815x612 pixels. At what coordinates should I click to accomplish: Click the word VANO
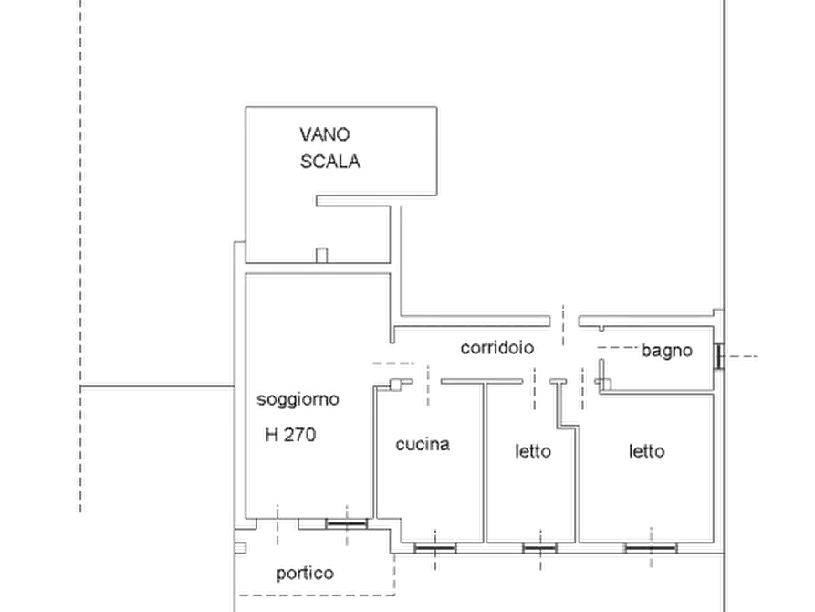(x=325, y=134)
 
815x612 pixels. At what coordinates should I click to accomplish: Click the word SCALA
(x=331, y=162)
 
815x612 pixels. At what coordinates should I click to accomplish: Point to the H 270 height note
(x=289, y=437)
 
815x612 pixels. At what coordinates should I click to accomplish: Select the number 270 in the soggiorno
(x=298, y=437)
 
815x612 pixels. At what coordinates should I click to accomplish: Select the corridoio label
(x=497, y=348)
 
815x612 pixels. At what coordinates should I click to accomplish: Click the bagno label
(x=666, y=351)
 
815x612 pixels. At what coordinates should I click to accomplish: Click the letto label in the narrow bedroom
(x=531, y=450)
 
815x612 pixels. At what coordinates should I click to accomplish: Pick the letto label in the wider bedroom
(x=649, y=450)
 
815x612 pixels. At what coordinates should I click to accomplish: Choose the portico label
(x=307, y=573)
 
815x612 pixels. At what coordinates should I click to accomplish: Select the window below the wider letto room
(x=650, y=547)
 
